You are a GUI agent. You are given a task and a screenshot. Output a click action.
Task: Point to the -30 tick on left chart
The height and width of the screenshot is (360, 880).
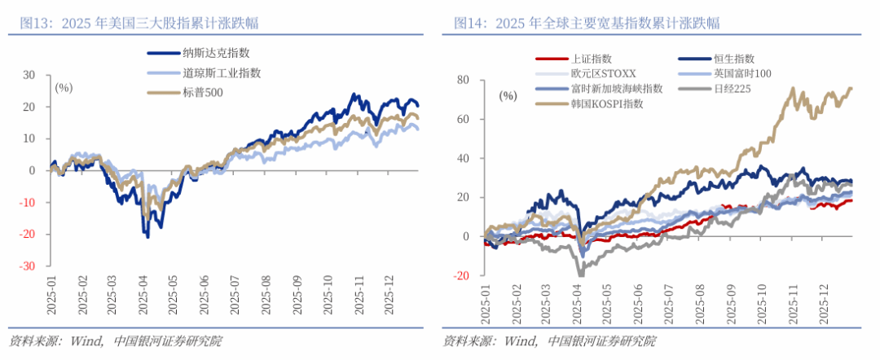29,266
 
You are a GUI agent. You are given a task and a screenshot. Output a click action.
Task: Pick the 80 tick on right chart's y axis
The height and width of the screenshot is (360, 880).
463,80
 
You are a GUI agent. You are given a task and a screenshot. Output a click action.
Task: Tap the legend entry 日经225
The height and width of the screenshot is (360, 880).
731,88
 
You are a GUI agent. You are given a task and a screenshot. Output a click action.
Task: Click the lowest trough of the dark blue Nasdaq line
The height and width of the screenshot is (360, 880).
147,236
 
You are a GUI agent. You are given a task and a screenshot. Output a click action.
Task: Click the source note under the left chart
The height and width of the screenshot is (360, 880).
115,340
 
